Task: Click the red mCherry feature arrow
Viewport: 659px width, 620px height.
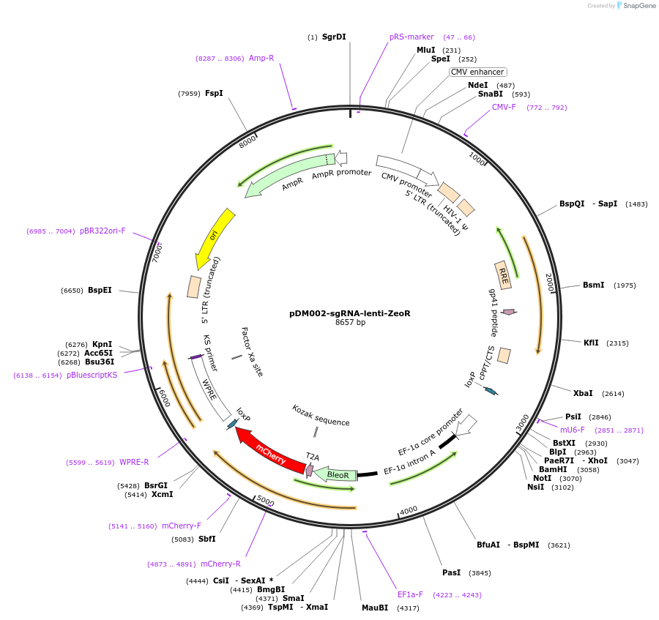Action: pos(270,452)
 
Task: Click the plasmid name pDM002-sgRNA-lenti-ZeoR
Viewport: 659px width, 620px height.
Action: pos(349,313)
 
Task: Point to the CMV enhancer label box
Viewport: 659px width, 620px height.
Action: pos(477,72)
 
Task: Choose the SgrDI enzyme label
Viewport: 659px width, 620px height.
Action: pos(334,37)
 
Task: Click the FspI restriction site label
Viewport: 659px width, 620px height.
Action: pos(214,93)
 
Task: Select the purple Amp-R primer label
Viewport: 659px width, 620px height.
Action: pos(261,58)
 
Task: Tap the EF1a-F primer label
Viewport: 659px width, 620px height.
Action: pos(410,594)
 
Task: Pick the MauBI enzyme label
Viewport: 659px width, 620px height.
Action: pos(374,608)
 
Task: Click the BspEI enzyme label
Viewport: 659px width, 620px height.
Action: pos(100,290)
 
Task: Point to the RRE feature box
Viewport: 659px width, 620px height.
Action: pos(503,274)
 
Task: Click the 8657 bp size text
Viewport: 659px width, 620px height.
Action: pos(350,323)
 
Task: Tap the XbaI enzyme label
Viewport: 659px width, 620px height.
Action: pos(583,393)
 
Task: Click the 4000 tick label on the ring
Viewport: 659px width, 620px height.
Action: pos(408,509)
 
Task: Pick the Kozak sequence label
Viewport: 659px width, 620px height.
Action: pos(321,415)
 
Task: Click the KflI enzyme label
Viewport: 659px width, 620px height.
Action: pos(591,343)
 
